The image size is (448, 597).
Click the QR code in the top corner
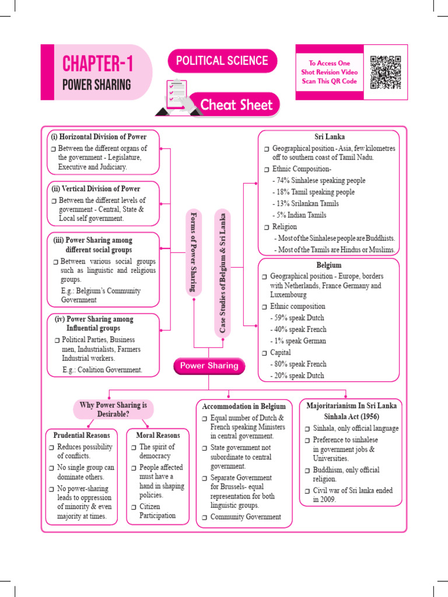pyautogui.click(x=386, y=72)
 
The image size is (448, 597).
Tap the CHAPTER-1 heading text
pyautogui.click(x=97, y=63)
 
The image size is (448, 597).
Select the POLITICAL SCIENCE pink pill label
pyautogui.click(x=222, y=61)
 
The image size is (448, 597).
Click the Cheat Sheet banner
pyautogui.click(x=236, y=105)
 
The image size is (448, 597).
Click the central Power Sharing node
pyautogui.click(x=209, y=366)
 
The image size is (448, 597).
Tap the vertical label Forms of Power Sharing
pyautogui.click(x=194, y=251)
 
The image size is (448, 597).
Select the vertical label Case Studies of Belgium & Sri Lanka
pyautogui.click(x=222, y=273)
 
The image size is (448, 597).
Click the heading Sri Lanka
pyautogui.click(x=330, y=137)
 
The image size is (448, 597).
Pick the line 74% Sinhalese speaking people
pyautogui.click(x=318, y=180)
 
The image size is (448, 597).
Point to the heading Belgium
pyautogui.click(x=329, y=265)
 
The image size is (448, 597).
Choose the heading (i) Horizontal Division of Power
pyautogui.click(x=101, y=137)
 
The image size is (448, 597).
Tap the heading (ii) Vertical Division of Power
pyautogui.click(x=100, y=189)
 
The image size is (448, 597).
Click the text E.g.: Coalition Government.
pyautogui.click(x=102, y=370)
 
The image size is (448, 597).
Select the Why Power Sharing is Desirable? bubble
pyautogui.click(x=114, y=409)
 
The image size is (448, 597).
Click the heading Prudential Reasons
pyautogui.click(x=82, y=435)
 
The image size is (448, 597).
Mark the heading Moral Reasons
pyautogui.click(x=158, y=435)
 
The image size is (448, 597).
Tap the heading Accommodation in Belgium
pyautogui.click(x=244, y=406)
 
